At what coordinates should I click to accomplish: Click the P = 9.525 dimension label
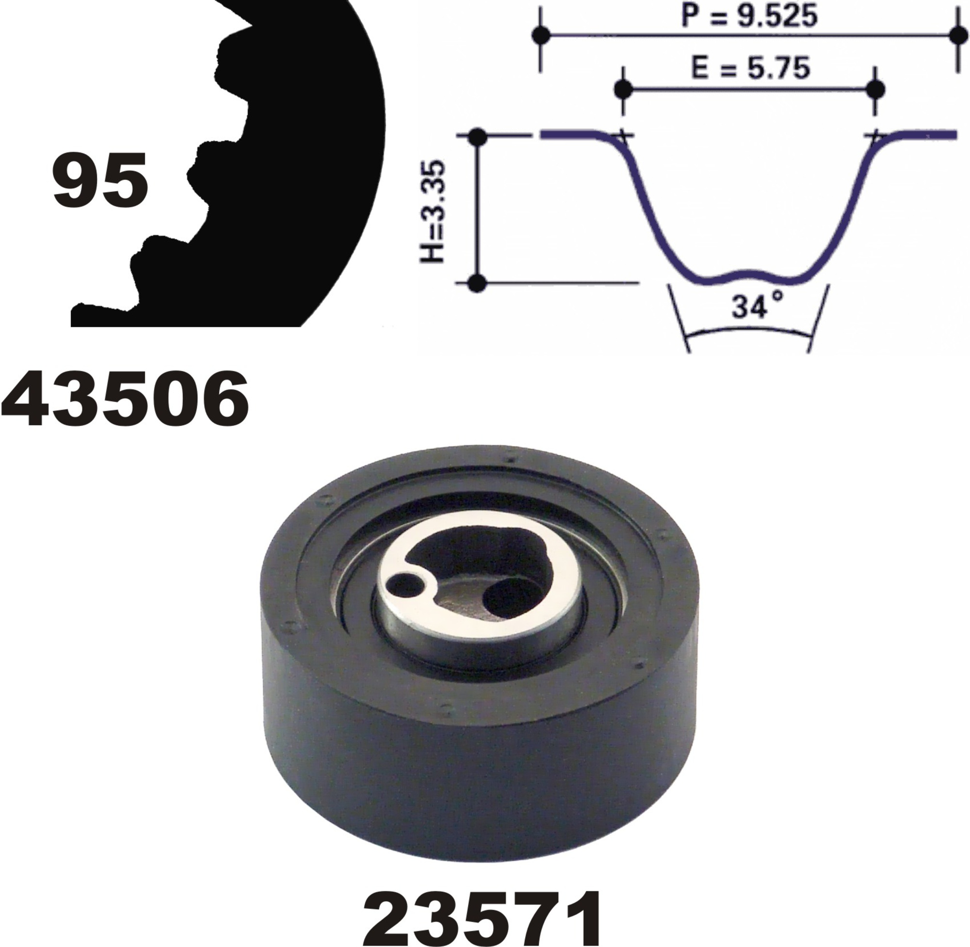pyautogui.click(x=749, y=16)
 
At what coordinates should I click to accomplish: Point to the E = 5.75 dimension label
pyautogui.click(x=751, y=68)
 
